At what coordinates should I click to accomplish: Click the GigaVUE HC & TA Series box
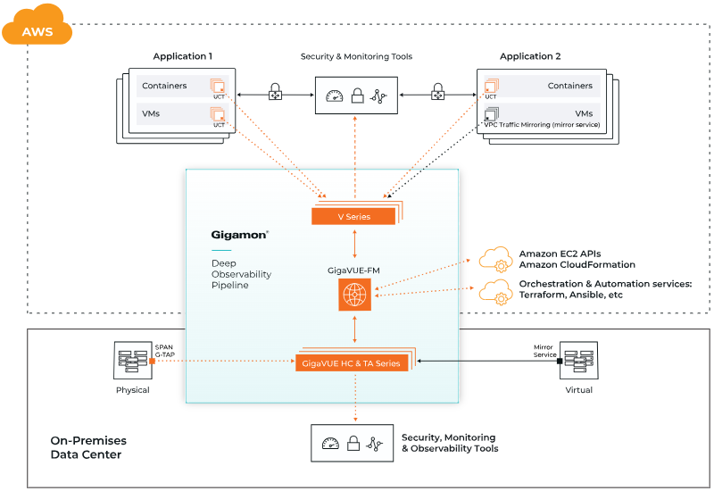[x=352, y=362]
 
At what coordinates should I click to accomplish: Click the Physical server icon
[x=133, y=361]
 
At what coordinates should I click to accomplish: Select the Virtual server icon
[x=578, y=361]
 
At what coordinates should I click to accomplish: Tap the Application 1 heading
[x=182, y=56]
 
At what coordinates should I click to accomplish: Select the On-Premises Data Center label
[x=88, y=448]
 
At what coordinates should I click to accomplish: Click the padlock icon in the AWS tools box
[x=356, y=96]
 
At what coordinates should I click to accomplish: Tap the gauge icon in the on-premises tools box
[x=331, y=443]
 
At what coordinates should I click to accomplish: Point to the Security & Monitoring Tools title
[x=356, y=56]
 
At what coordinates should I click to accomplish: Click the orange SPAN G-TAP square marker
[x=154, y=361]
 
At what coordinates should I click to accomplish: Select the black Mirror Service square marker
[x=560, y=361]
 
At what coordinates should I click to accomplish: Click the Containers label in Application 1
[x=164, y=86]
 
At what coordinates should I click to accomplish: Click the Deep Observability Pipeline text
[x=241, y=274]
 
